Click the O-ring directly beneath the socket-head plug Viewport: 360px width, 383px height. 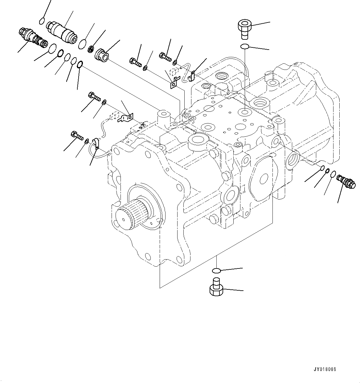coord(244,46)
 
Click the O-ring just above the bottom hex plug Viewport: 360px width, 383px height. coord(216,271)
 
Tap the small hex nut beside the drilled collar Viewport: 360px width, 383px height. coord(91,48)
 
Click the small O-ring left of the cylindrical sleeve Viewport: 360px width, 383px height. coord(42,21)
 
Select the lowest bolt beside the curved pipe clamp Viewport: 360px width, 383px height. coord(76,135)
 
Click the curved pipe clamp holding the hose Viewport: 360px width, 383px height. coord(96,143)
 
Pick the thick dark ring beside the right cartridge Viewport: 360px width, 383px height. coord(327,171)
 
